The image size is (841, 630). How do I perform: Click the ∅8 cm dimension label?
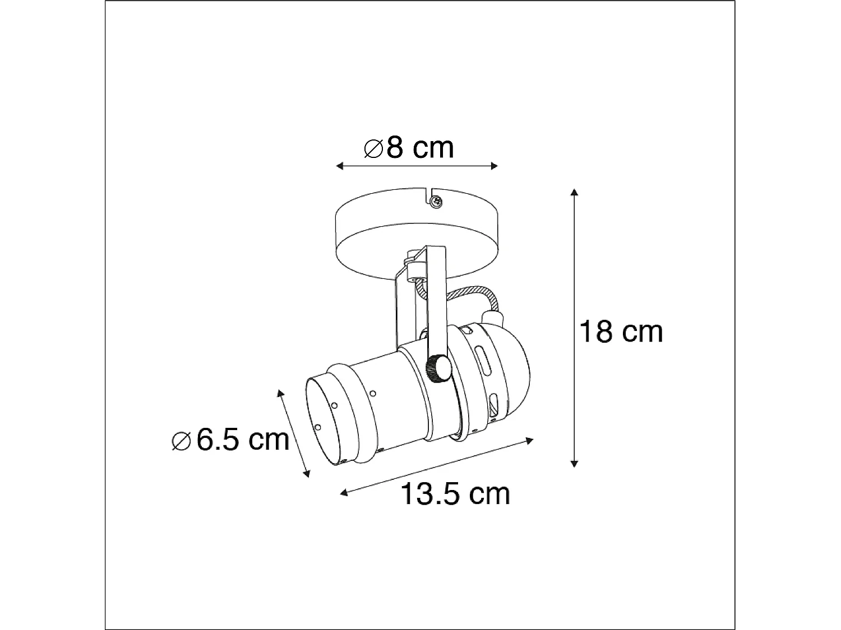(x=408, y=148)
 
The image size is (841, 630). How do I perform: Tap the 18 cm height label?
(x=621, y=332)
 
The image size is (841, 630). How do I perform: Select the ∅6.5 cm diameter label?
(x=230, y=440)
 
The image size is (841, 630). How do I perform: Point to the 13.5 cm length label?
(x=455, y=494)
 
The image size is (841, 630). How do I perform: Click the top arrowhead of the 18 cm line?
(x=574, y=193)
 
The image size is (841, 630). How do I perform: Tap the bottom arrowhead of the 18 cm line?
(x=574, y=463)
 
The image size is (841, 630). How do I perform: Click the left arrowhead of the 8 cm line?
(x=338, y=165)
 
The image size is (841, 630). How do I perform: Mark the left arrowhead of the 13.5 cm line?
(x=344, y=493)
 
